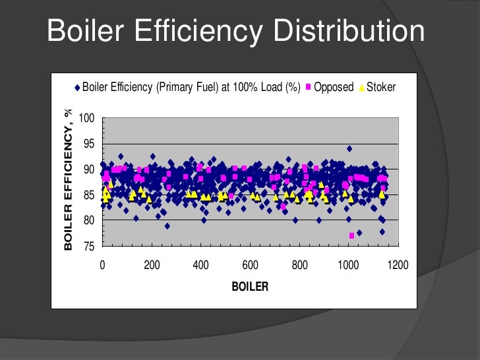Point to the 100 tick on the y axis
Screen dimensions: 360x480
[86, 119]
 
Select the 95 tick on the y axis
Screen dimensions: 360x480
[89, 144]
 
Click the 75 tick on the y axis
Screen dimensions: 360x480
[89, 246]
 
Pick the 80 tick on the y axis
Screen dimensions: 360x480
[89, 220]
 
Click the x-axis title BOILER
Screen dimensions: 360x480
[250, 287]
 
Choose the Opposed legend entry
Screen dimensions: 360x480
[334, 87]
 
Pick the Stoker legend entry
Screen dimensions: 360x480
[380, 87]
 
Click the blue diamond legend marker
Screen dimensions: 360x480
[77, 88]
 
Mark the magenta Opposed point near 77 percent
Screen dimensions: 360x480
[351, 235]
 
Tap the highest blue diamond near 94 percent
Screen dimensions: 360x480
[349, 149]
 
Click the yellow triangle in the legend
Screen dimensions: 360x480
[360, 88]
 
